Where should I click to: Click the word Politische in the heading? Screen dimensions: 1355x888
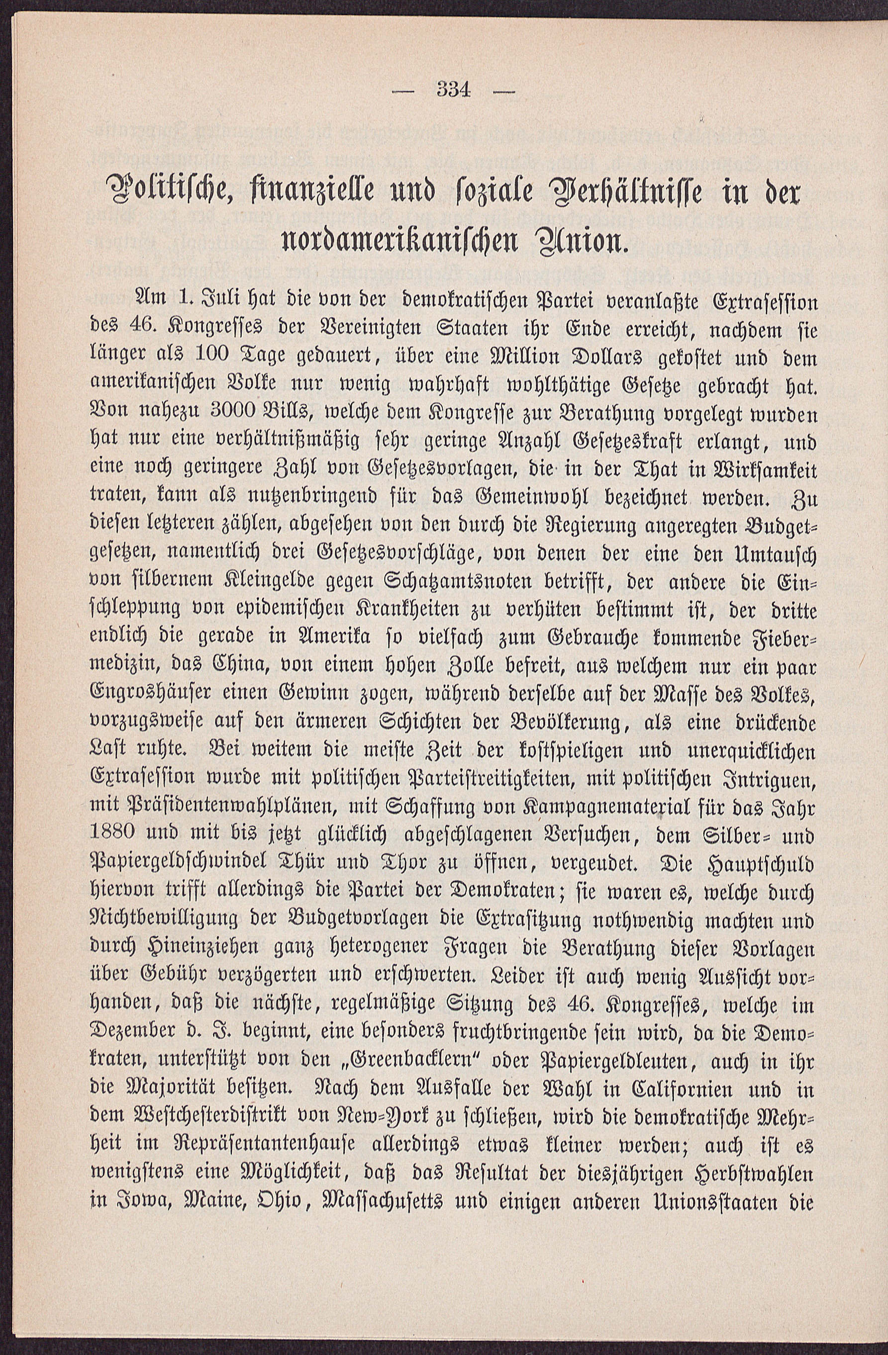coord(161,195)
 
